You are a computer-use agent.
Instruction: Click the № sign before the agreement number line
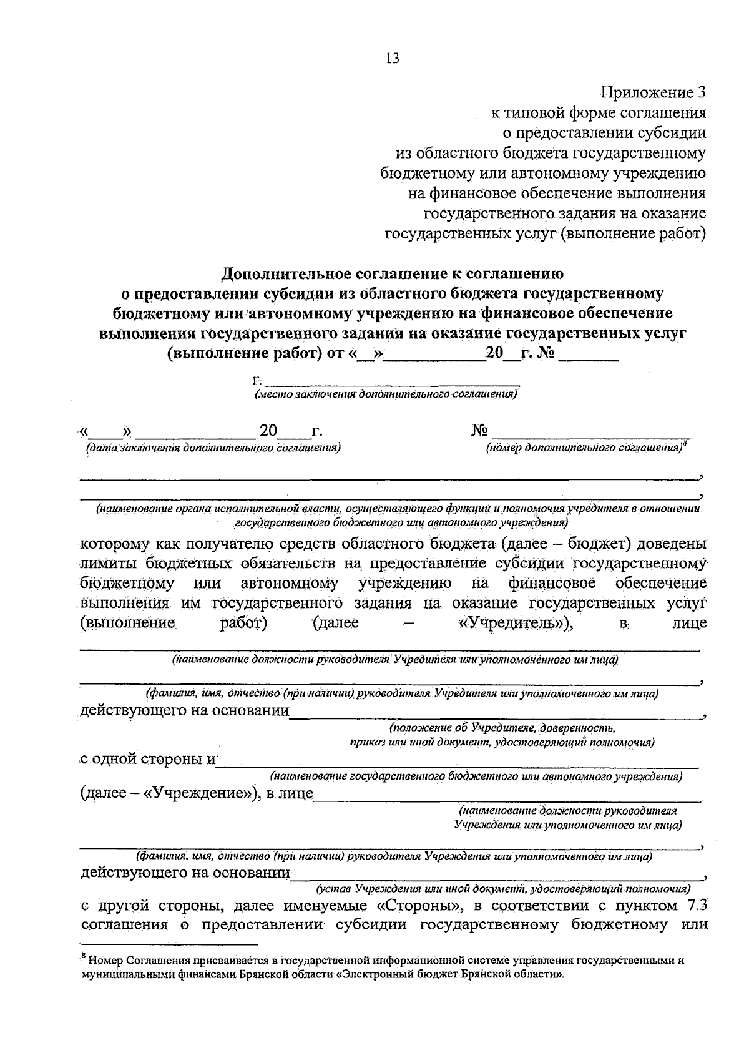(x=479, y=431)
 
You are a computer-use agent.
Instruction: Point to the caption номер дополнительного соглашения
(x=585, y=448)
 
